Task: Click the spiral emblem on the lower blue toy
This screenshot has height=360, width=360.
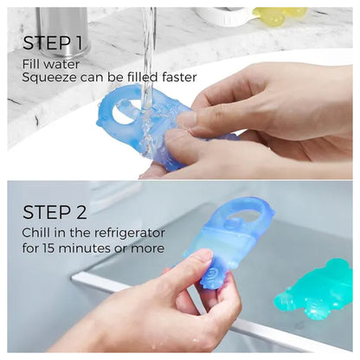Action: coord(212,273)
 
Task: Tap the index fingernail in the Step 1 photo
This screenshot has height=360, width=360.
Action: coord(187,119)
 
